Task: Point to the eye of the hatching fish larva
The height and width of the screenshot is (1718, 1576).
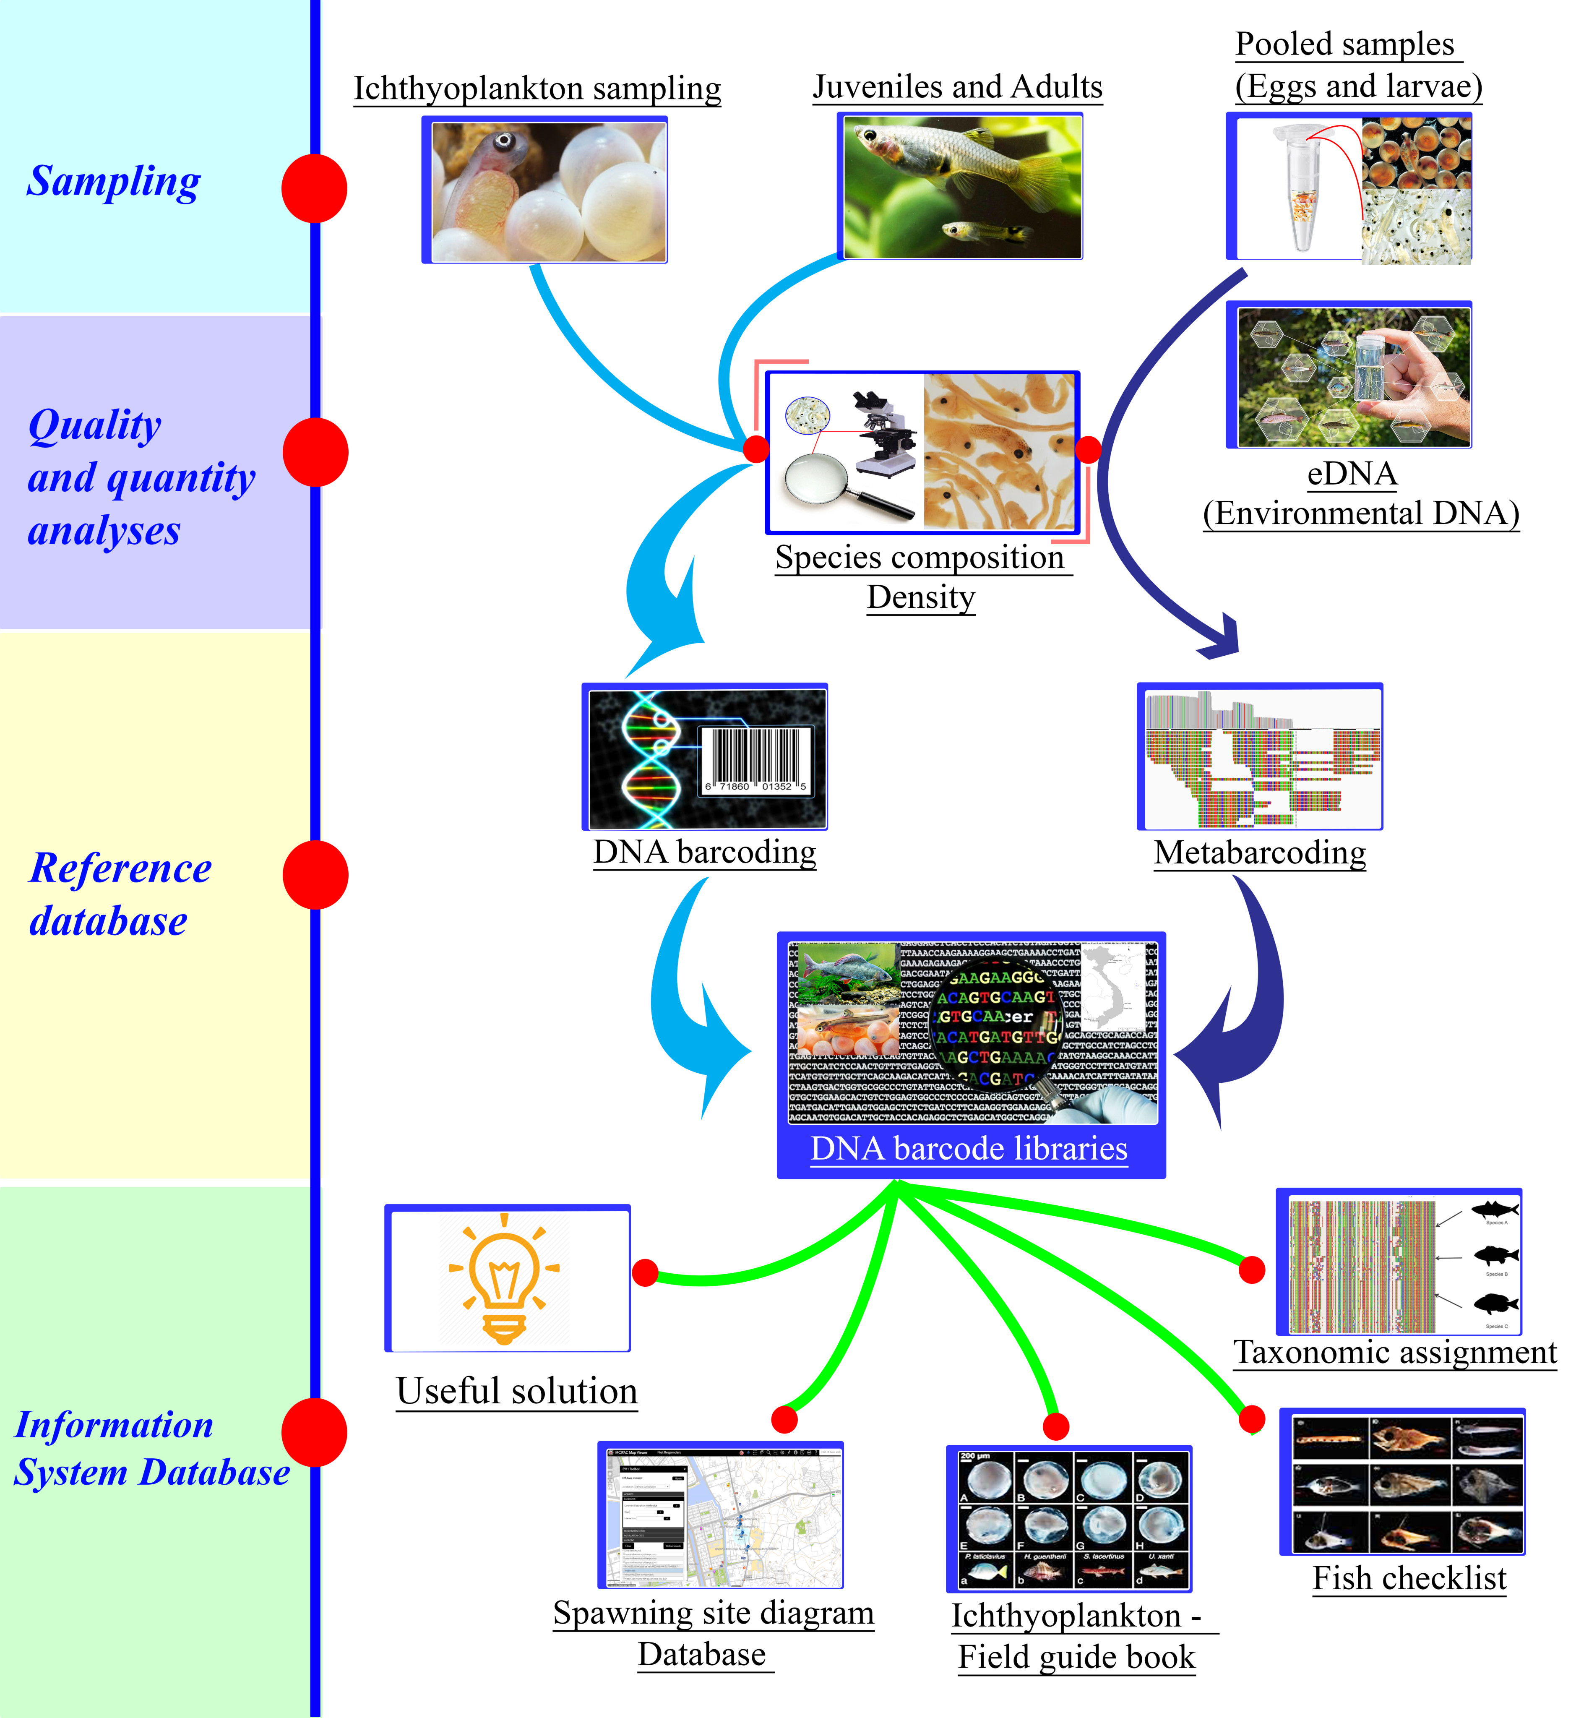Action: (505, 140)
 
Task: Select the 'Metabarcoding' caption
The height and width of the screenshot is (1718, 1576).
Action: (1260, 852)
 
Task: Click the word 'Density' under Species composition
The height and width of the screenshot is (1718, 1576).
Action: (921, 597)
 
